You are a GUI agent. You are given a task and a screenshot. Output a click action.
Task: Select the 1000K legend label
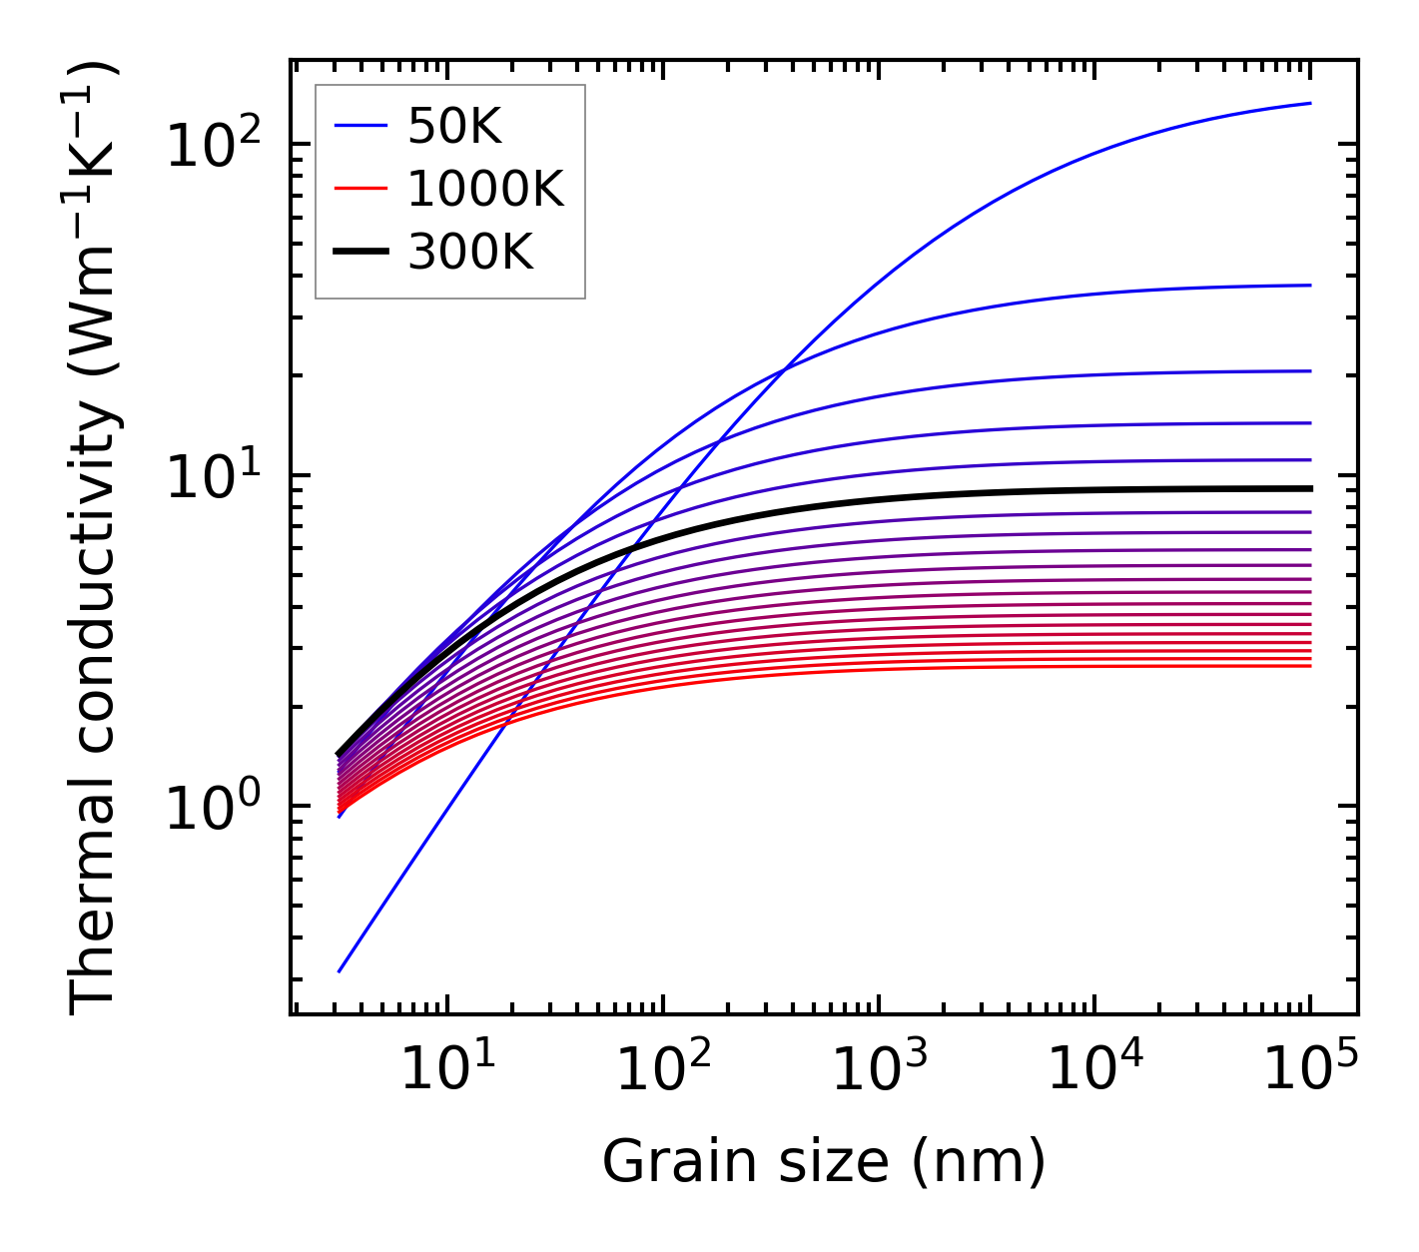point(485,190)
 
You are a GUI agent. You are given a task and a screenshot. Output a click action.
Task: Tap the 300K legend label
point(470,254)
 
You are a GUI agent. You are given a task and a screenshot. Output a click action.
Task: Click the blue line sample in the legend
point(359,126)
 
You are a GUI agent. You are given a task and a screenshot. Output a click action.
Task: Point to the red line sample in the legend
point(359,189)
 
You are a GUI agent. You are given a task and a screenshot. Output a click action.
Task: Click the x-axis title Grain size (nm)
point(824,1161)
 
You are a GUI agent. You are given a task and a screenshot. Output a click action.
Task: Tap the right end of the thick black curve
point(1309,488)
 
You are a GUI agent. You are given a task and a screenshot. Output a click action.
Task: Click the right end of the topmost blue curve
point(1309,103)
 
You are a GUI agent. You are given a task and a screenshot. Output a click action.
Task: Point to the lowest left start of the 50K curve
point(340,970)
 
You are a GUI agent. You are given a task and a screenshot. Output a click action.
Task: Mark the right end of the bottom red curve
point(1309,666)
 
